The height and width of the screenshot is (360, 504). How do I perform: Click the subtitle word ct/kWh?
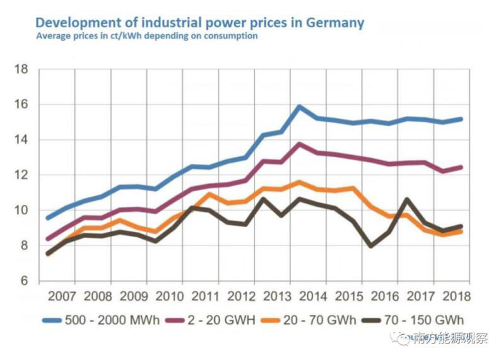[122, 36]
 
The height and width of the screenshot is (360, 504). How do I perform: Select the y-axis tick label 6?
[24, 281]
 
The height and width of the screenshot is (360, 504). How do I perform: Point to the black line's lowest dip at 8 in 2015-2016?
[371, 246]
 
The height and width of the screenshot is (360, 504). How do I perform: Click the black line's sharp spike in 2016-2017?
[408, 199]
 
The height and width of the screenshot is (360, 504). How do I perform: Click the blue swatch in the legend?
[52, 320]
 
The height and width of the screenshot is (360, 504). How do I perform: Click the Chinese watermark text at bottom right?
[449, 339]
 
